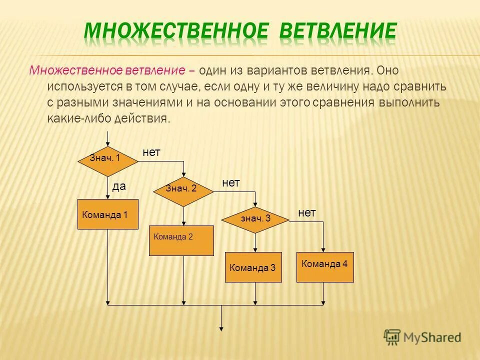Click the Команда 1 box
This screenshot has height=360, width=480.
tap(107, 214)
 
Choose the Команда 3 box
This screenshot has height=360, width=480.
tap(253, 267)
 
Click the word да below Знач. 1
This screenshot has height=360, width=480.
tap(119, 187)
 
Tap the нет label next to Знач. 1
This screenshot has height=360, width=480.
tap(151, 152)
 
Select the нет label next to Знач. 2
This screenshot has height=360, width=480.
tap(231, 183)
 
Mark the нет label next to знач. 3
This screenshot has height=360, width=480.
tap(307, 213)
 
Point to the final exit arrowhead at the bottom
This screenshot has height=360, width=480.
tap(221, 327)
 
